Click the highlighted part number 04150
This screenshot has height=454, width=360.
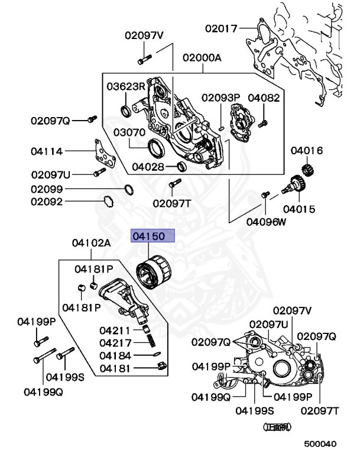click(153, 236)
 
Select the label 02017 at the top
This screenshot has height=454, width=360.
click(221, 27)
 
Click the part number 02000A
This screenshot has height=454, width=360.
click(202, 58)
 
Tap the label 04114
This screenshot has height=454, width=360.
click(47, 151)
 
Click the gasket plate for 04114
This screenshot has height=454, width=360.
click(104, 155)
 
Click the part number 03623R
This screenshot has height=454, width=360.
click(126, 86)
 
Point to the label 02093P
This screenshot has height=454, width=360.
click(220, 98)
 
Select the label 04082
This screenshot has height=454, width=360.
click(264, 98)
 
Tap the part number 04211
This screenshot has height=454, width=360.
click(115, 330)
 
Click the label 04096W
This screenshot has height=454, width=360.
click(266, 222)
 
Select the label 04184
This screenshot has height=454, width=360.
click(115, 355)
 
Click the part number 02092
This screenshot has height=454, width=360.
click(47, 202)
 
